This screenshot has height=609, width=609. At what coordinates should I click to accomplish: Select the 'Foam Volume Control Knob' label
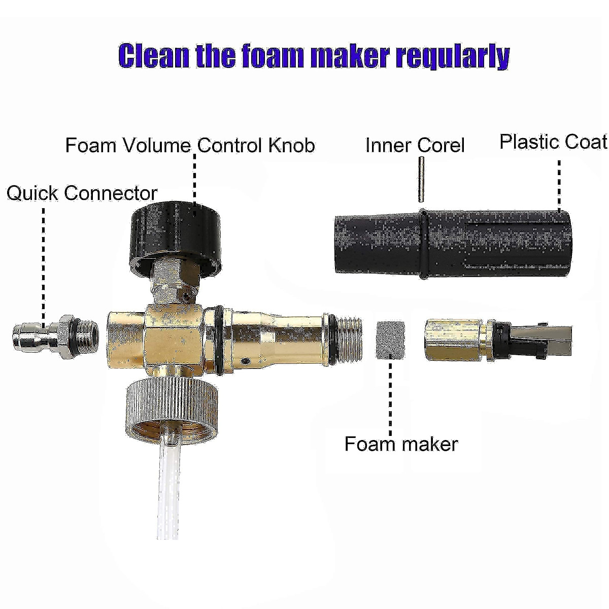[190, 146]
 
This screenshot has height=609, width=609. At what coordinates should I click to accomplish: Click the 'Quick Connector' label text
[82, 193]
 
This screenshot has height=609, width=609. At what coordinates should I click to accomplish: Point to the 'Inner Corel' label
[415, 146]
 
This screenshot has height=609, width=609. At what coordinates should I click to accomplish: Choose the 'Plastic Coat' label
[553, 142]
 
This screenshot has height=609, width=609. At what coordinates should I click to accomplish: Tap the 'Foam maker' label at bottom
[401, 444]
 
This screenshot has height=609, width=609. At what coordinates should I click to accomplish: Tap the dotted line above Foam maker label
[391, 396]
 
